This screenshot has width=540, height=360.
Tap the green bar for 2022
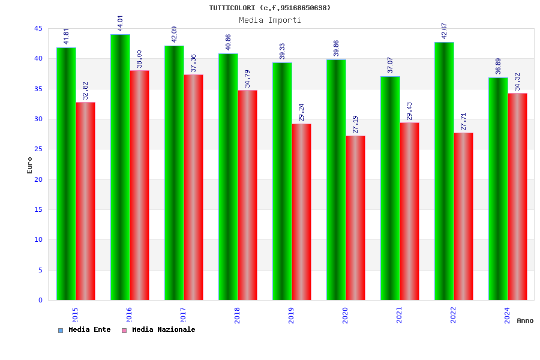(444, 171)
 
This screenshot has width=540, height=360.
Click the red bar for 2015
(85, 201)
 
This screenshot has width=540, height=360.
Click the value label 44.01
(120, 23)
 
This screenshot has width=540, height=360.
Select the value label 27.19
(355, 125)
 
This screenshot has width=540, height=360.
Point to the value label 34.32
(517, 82)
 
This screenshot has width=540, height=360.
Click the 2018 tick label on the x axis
(237, 316)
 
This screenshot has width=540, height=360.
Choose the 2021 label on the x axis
(399, 316)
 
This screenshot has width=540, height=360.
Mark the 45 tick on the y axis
(38, 29)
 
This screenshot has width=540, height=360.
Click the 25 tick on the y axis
(38, 149)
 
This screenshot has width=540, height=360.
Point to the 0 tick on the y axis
(40, 300)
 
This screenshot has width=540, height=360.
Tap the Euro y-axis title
(30, 165)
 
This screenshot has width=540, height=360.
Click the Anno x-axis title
(525, 320)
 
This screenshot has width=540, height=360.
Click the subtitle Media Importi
(270, 20)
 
